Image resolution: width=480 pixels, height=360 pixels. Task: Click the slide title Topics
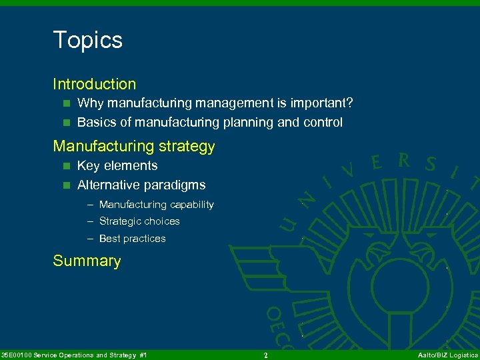tap(87, 40)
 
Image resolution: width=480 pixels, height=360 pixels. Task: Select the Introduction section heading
tap(94, 84)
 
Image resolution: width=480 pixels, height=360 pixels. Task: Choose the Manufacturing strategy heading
tap(133, 146)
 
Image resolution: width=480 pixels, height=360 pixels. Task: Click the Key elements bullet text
tap(117, 166)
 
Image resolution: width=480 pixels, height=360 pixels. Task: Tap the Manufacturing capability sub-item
tap(156, 205)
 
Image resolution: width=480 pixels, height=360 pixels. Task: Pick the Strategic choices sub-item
tap(139, 221)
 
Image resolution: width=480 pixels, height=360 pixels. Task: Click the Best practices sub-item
tap(132, 239)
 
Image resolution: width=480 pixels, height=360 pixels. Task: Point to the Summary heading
tap(87, 261)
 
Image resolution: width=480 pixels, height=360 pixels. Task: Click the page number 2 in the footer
tap(265, 355)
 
